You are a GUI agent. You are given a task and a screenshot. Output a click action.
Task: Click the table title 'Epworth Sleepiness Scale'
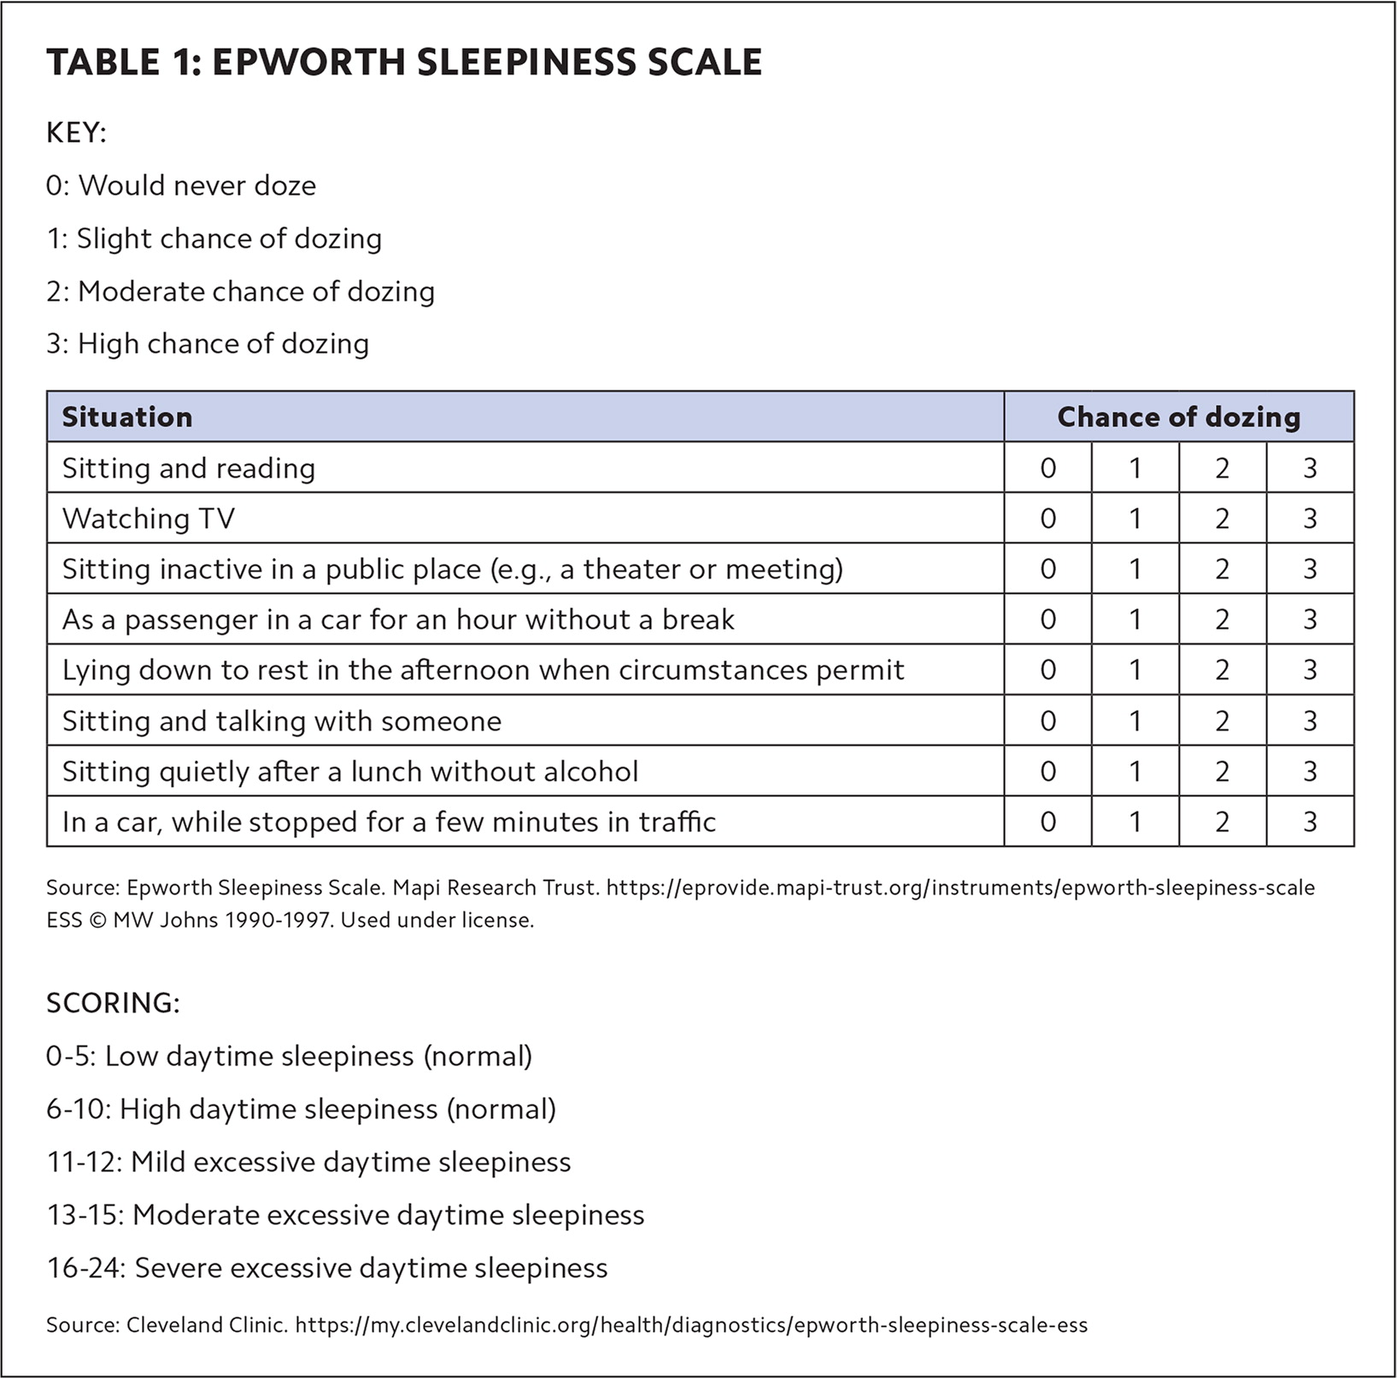[x=403, y=63]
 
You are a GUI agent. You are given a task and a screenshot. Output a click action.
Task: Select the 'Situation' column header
[x=127, y=417]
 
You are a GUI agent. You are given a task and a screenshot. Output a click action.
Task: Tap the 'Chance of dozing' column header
[x=1178, y=417]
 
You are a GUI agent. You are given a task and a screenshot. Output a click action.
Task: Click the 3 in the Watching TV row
[x=1310, y=519]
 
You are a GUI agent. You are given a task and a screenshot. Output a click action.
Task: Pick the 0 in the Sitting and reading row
[x=1048, y=468]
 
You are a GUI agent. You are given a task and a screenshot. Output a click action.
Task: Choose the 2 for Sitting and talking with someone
[x=1222, y=721]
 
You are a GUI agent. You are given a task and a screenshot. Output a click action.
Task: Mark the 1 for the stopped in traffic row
[x=1135, y=822]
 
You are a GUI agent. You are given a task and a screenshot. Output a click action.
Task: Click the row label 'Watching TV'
[x=149, y=519]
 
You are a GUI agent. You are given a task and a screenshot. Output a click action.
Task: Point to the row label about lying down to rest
[x=483, y=670]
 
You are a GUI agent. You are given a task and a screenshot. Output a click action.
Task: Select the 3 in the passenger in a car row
[x=1310, y=619]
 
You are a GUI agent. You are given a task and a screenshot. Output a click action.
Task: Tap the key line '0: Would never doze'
[x=181, y=185]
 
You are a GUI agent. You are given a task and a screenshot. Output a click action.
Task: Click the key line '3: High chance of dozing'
[x=208, y=343]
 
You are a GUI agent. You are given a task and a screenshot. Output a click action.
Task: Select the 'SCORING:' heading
[x=113, y=1002]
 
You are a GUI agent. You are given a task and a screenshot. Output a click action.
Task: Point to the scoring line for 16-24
[x=327, y=1268]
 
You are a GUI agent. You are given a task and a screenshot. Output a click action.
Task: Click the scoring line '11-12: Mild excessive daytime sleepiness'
[x=308, y=1162]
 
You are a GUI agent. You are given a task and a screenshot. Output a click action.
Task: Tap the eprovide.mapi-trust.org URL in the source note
[x=960, y=888]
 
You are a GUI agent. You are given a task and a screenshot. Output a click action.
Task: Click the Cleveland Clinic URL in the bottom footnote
[x=691, y=1325]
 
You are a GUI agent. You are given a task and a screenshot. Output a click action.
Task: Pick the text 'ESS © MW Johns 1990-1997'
[x=189, y=920]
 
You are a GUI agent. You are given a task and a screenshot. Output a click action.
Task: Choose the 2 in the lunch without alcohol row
[x=1222, y=771]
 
